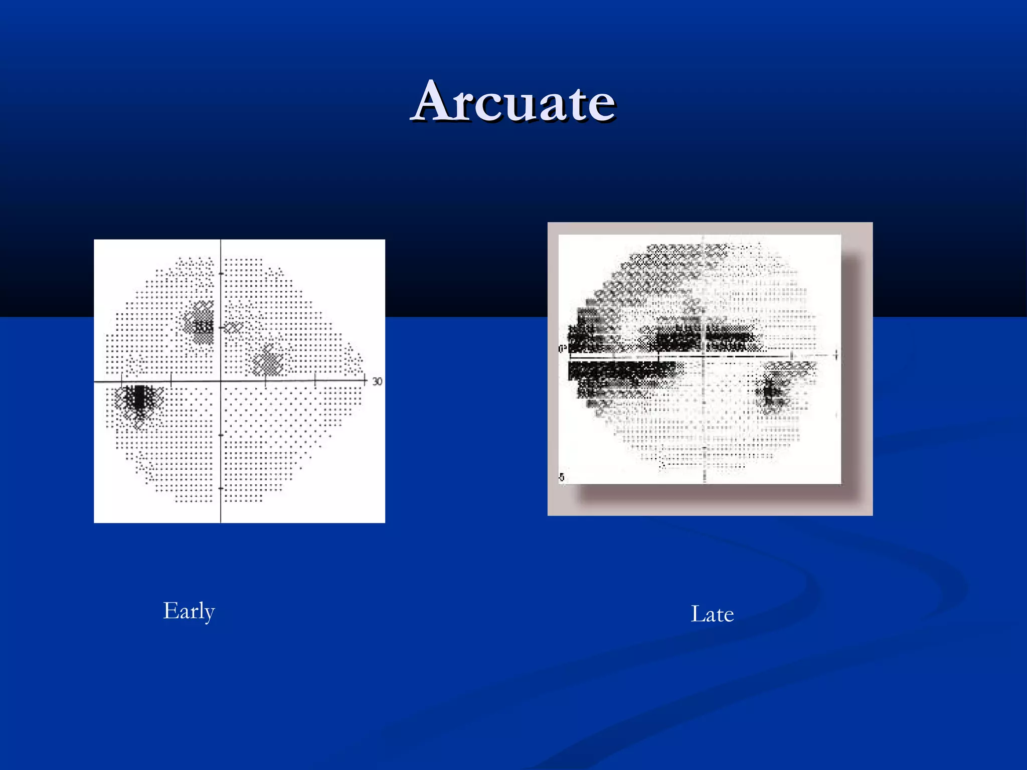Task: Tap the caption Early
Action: click(189, 611)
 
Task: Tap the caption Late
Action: click(712, 614)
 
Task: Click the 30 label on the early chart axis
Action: click(377, 381)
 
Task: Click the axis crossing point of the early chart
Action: click(221, 381)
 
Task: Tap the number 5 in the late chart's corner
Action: click(562, 477)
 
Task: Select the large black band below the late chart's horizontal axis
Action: click(622, 370)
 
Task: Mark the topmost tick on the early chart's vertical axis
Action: click(221, 274)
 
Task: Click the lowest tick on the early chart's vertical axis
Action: click(221, 488)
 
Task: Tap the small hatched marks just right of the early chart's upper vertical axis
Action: click(234, 327)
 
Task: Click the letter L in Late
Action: click(697, 614)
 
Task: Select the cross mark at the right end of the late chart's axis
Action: click(836, 355)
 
